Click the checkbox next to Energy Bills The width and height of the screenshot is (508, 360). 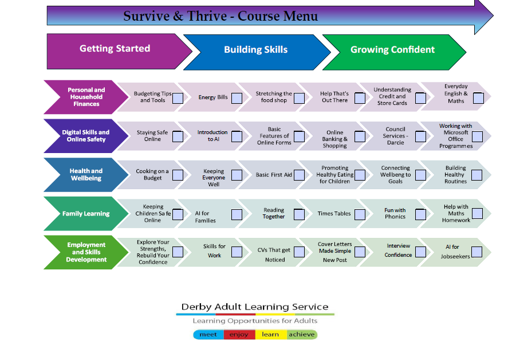(x=237, y=98)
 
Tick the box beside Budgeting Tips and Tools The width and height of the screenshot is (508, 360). (x=178, y=98)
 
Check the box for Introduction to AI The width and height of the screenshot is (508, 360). (x=237, y=136)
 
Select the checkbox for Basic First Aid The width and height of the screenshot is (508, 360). (x=299, y=174)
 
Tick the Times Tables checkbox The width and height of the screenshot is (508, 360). (x=360, y=214)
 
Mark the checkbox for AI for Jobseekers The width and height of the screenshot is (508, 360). (x=476, y=252)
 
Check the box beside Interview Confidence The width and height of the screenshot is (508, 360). (x=420, y=252)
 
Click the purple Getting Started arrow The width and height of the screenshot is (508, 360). (x=115, y=49)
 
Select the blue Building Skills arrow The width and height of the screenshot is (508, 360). (x=255, y=50)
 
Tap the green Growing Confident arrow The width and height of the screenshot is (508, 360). (x=392, y=50)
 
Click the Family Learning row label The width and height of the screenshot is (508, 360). (x=86, y=214)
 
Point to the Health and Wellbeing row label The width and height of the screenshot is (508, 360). (x=86, y=174)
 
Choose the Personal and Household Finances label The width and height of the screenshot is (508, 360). (x=86, y=97)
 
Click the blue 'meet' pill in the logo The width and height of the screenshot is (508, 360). (x=208, y=335)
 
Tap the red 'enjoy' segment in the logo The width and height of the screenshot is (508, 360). (x=239, y=335)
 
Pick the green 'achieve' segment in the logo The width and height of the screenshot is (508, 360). (x=301, y=335)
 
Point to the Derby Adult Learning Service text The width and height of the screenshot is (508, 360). (x=255, y=307)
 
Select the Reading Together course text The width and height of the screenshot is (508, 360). (x=273, y=214)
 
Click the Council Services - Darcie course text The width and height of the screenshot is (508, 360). (x=395, y=136)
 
